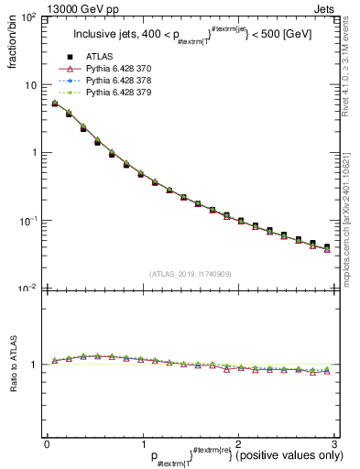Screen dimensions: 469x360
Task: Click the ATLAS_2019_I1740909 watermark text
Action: pos(190,274)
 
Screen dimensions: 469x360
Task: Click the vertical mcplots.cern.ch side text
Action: pos(349,211)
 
